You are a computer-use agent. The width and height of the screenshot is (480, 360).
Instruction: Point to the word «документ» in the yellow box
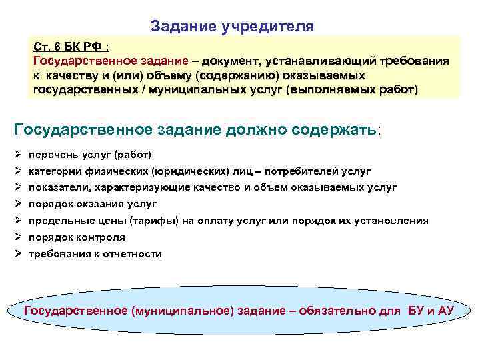tap(236, 61)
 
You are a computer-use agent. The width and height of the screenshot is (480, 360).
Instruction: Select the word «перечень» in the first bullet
tap(52, 155)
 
